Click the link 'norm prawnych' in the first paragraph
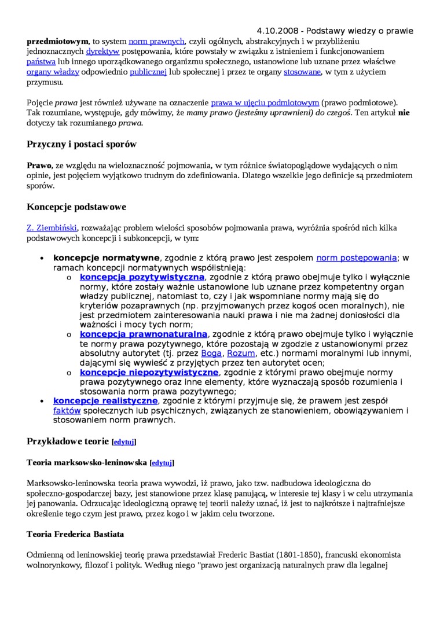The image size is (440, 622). pos(156,41)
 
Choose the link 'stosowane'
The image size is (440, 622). pos(302,72)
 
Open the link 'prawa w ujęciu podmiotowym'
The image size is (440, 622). pos(265,102)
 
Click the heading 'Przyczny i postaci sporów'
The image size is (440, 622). pos(82,143)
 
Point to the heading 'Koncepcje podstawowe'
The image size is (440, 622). pos(76,207)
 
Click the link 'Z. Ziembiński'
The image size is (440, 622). pos(52,228)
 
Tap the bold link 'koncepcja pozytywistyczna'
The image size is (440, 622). pos(142,277)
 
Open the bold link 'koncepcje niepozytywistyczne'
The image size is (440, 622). pos(149,372)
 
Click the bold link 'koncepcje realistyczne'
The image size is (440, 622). pos(105,400)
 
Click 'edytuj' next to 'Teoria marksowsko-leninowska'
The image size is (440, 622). pos(162,463)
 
